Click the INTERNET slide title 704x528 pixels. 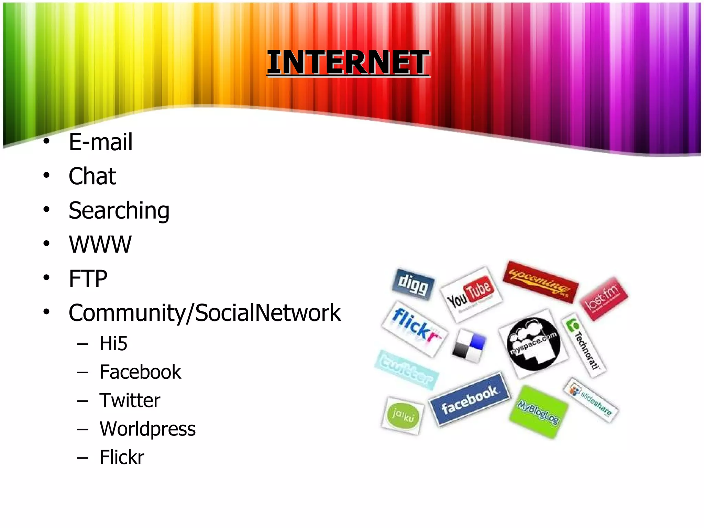pos(348,62)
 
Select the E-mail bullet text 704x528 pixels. pos(100,142)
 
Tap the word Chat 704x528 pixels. pos(92,176)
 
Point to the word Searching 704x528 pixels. pos(119,210)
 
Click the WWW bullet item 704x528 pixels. pos(100,244)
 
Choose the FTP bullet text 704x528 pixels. pos(88,278)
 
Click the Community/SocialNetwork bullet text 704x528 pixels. pos(205,313)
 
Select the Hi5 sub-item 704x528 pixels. pos(113,343)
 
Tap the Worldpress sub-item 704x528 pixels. pos(147,429)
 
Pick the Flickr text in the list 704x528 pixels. pos(122,457)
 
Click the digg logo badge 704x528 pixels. pos(413,284)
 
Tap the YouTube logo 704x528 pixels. pos(471,294)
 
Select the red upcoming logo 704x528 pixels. pos(540,282)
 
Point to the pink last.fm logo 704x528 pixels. pos(604,298)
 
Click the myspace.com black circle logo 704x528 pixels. pos(533,344)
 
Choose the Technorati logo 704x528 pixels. pos(584,345)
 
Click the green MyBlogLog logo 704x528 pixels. pos(538,412)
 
